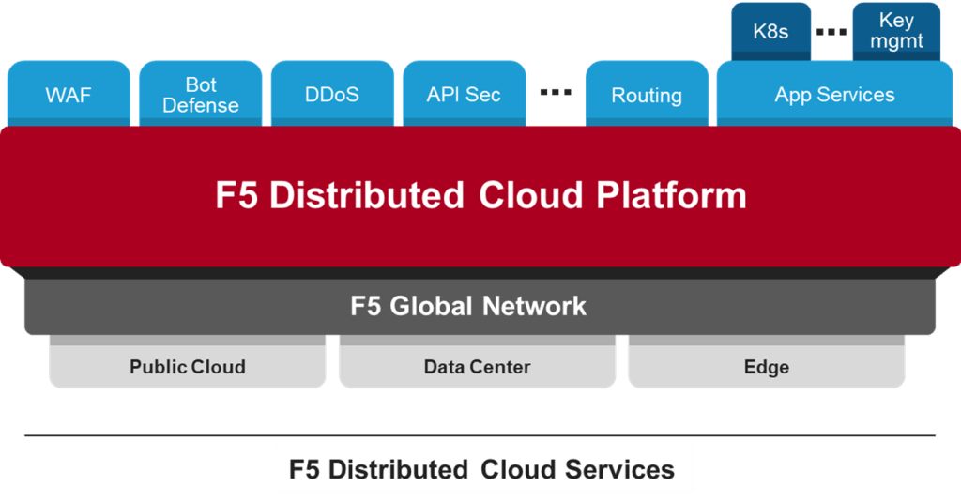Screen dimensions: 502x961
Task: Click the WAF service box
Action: click(68, 95)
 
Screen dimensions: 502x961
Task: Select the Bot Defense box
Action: click(200, 95)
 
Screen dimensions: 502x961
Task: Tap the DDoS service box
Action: click(331, 95)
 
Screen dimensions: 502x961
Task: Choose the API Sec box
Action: click(463, 95)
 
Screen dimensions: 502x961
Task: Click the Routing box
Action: click(646, 95)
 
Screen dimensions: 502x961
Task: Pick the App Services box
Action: click(834, 95)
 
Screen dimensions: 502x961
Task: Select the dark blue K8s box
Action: click(770, 32)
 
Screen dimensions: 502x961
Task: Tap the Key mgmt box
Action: click(895, 32)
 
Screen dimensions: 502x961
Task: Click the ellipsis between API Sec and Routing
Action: click(557, 92)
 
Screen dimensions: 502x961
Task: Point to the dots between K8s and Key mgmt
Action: click(831, 33)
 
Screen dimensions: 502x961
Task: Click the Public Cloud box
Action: click(188, 367)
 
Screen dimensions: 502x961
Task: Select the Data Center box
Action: click(477, 367)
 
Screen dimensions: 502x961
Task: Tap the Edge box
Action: click(766, 367)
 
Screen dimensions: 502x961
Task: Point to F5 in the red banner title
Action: click(236, 195)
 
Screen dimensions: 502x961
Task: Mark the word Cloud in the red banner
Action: click(532, 195)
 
